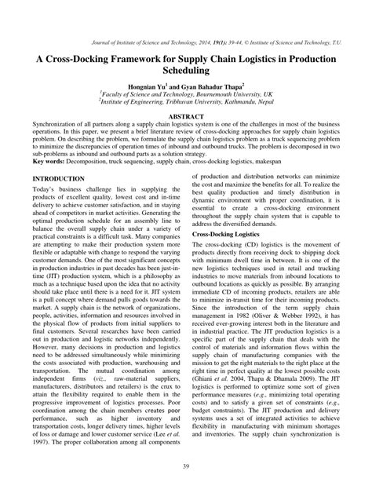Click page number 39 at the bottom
point(186,488)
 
